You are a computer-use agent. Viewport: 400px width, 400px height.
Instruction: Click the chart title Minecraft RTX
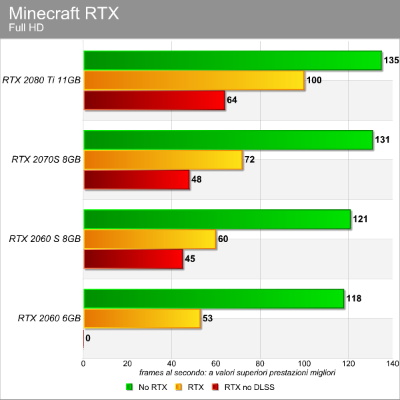(64, 13)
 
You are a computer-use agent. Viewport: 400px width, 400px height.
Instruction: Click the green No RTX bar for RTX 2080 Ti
(232, 61)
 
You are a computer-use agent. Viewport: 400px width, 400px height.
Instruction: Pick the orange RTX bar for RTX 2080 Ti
(194, 81)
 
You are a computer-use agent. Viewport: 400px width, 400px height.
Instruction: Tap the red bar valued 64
(154, 101)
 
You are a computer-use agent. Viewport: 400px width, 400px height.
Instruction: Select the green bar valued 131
(228, 140)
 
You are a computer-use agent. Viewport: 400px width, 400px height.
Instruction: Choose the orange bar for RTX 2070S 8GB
(163, 160)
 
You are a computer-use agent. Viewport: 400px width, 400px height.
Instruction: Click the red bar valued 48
(137, 180)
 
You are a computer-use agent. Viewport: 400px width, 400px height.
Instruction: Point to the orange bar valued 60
(149, 239)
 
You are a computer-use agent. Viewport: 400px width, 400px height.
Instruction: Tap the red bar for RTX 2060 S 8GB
(133, 259)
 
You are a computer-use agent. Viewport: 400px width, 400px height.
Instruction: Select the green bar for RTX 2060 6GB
(213, 299)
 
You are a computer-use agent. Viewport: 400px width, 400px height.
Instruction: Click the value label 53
(207, 319)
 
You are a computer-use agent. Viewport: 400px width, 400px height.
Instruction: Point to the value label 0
(88, 338)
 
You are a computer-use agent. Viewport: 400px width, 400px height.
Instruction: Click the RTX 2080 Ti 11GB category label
(41, 81)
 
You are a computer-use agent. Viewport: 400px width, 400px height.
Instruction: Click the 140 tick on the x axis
(392, 363)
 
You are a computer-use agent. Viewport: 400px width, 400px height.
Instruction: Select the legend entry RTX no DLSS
(247, 386)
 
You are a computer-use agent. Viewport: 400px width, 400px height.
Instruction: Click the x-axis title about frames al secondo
(237, 373)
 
